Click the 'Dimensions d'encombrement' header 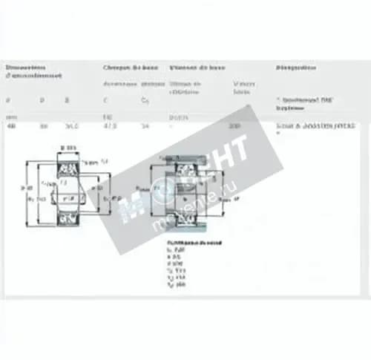click(x=34, y=71)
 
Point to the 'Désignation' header click(x=295, y=68)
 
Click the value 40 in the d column click(x=10, y=126)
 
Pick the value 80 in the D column click(x=43, y=126)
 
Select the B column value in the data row click(x=72, y=126)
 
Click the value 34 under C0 click(x=145, y=126)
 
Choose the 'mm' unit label click(x=10, y=117)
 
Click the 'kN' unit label click(x=108, y=117)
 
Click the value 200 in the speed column click(x=234, y=126)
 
